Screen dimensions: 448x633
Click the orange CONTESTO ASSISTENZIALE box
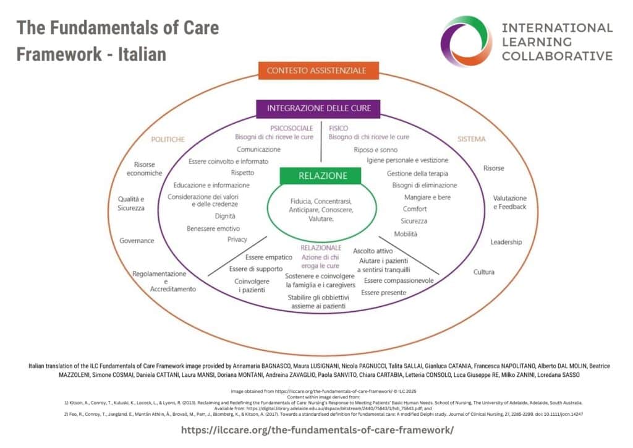pos(316,71)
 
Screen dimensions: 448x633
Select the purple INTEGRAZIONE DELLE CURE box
pos(318,108)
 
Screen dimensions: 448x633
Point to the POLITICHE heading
pos(168,139)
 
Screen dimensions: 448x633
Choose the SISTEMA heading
pos(472,139)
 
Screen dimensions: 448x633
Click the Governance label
pos(137,240)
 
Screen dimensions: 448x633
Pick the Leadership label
pos(506,242)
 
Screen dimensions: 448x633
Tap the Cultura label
pos(483,272)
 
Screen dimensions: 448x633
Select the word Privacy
pos(237,239)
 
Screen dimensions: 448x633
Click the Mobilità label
pos(406,234)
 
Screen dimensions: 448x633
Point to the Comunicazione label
pos(258,149)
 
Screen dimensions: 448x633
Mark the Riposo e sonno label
pos(375,150)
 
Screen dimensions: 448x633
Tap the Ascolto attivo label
pos(373,251)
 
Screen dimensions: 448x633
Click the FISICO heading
pos(338,127)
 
